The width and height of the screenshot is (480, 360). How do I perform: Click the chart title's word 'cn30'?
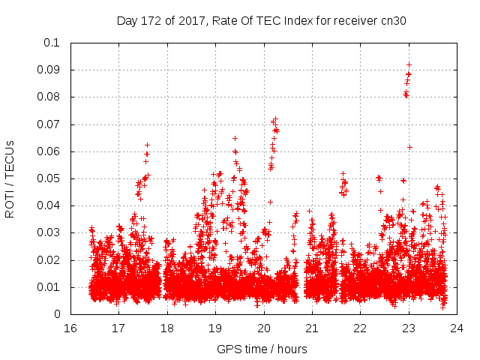[x=394, y=21]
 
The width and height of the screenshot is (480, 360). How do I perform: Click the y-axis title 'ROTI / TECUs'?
[x=10, y=178]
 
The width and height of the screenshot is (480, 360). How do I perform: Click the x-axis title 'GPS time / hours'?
[x=262, y=349]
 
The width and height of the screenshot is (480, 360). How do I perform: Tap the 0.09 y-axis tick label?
[x=49, y=70]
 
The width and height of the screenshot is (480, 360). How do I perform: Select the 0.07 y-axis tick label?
[x=49, y=124]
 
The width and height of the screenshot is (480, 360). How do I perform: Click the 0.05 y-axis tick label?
[x=49, y=178]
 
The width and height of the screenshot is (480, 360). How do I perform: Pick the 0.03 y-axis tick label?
[x=49, y=233]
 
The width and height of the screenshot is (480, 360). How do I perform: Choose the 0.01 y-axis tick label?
[x=49, y=287]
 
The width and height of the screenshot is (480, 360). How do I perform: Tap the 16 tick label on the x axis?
[x=70, y=328]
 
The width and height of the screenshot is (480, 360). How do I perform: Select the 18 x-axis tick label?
[x=166, y=328]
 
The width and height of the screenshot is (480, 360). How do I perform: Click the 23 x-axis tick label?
[x=409, y=328]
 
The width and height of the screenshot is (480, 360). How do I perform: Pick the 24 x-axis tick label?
[x=457, y=328]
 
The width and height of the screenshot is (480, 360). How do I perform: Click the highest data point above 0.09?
[x=409, y=64]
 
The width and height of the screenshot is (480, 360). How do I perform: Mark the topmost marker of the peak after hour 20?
[x=275, y=118]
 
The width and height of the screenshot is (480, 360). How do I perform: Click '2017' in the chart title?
[x=193, y=21]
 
